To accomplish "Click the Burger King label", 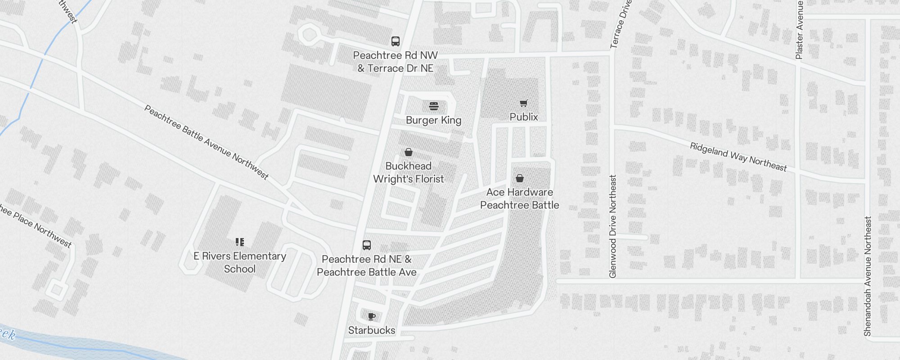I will [x=433, y=120].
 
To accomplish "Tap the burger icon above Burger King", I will [x=433, y=106].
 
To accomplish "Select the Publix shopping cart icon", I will [x=523, y=103].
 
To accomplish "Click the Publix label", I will [x=524, y=117].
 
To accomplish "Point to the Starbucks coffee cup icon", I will [x=371, y=317].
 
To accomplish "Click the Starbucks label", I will [x=371, y=330].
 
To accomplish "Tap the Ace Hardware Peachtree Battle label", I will [x=519, y=198].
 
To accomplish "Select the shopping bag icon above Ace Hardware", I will [x=519, y=178].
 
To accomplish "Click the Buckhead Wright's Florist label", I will [x=408, y=172].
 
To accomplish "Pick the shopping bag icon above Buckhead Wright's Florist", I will [x=408, y=152].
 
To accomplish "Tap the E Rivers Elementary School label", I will [x=239, y=262].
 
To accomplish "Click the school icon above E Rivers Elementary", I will [x=239, y=242].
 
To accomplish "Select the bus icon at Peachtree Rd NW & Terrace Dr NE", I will [x=395, y=41].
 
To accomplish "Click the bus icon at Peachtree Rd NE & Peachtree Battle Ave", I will [x=366, y=245].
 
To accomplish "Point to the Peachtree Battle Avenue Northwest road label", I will [x=206, y=142].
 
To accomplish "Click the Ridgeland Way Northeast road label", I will [x=738, y=157].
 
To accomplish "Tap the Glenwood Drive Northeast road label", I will [x=612, y=226].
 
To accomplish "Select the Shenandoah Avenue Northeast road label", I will [x=868, y=276].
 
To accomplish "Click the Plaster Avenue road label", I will [x=799, y=30].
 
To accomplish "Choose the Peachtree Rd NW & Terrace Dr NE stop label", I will [x=395, y=62].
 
